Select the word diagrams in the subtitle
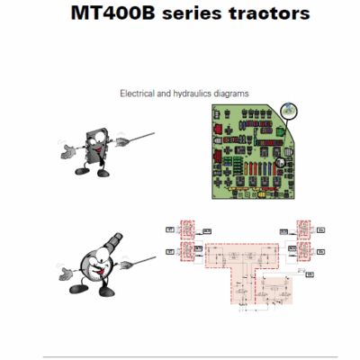230,92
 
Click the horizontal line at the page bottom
180,355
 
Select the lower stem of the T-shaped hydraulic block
256,288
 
